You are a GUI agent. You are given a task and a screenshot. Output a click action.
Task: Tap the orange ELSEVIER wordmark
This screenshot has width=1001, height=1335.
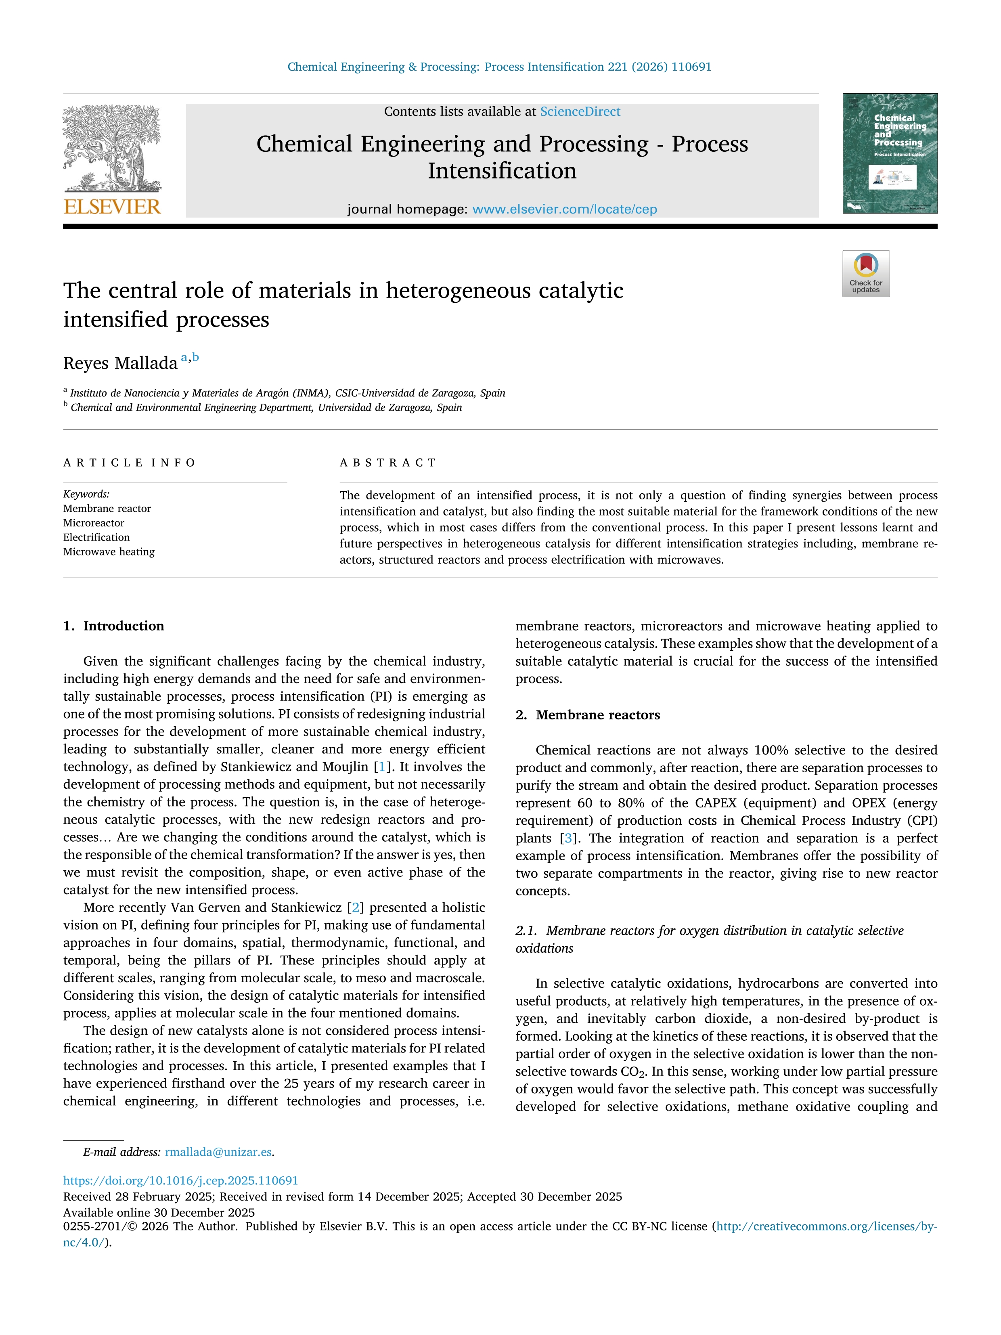pos(112,207)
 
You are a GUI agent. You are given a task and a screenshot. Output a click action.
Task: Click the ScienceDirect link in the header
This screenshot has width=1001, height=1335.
pos(580,112)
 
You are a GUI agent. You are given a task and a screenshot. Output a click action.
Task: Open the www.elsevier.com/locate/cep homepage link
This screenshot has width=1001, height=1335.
pos(564,210)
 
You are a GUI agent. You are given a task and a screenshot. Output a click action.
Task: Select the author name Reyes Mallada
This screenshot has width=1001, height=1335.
pos(120,363)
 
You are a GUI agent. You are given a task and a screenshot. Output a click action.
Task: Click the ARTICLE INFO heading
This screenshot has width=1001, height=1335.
pos(129,463)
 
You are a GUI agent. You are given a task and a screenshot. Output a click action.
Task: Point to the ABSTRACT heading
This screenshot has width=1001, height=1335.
pos(388,463)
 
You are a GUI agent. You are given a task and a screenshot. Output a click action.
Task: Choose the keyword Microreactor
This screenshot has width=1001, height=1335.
pos(94,523)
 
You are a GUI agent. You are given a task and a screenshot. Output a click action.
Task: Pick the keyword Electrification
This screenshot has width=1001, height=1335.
pos(96,538)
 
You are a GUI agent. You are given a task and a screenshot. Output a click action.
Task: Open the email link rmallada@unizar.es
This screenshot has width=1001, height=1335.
pos(218,1152)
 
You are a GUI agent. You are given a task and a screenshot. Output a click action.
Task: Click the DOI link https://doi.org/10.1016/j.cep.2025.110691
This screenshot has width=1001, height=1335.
pos(180,1180)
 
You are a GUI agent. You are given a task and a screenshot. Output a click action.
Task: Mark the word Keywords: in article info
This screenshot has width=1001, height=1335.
pos(86,494)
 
